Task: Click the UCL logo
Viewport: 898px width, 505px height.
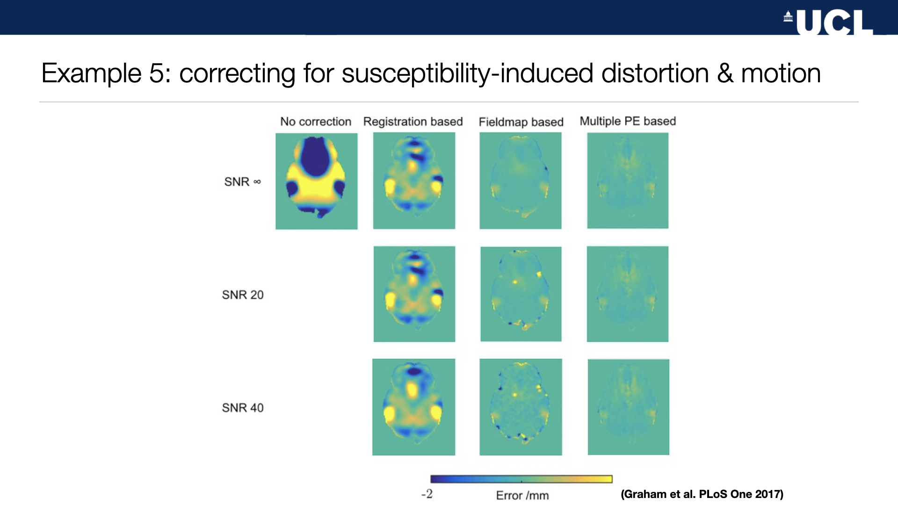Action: [828, 22]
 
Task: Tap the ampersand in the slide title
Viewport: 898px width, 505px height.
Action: [725, 73]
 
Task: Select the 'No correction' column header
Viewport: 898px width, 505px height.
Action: [316, 122]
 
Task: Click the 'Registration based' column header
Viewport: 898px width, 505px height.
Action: [413, 122]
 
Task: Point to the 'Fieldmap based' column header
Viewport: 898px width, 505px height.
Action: [521, 122]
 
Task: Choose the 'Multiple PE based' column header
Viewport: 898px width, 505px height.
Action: [628, 121]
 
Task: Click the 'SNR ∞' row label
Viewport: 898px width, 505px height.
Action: [242, 181]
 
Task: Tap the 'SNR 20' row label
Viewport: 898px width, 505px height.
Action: [243, 295]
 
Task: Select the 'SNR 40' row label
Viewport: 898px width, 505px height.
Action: [243, 408]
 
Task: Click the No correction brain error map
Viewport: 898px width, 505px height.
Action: [317, 181]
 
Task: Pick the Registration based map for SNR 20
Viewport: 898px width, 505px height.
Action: [414, 294]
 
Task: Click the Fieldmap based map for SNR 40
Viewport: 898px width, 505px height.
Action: [521, 407]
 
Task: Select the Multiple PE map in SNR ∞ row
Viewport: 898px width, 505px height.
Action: [628, 180]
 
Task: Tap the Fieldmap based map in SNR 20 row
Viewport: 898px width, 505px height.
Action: [521, 294]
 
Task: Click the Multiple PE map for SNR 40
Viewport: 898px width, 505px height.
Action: [629, 407]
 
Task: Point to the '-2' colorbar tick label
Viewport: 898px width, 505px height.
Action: [427, 494]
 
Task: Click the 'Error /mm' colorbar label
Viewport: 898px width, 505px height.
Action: [522, 495]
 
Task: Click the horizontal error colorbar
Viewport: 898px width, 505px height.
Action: [521, 479]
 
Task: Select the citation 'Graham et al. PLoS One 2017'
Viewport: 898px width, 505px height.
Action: [702, 494]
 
